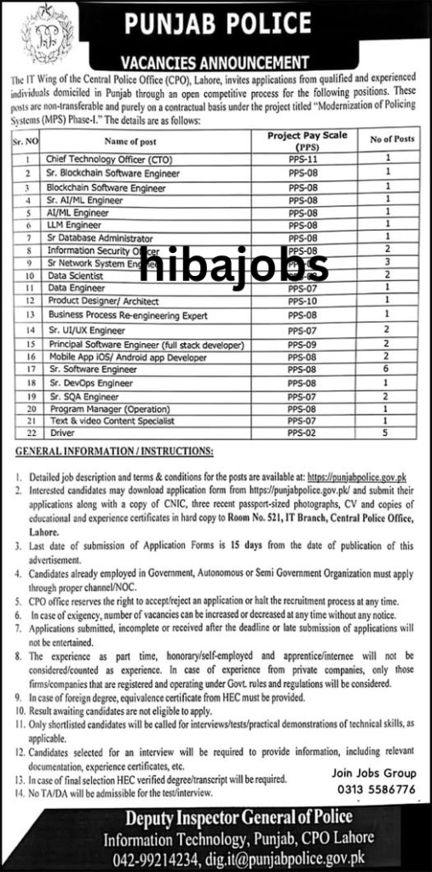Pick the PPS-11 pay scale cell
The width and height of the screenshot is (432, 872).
point(302,159)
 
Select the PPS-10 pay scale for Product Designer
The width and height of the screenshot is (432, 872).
point(302,301)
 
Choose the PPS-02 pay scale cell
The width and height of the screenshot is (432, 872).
point(302,433)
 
